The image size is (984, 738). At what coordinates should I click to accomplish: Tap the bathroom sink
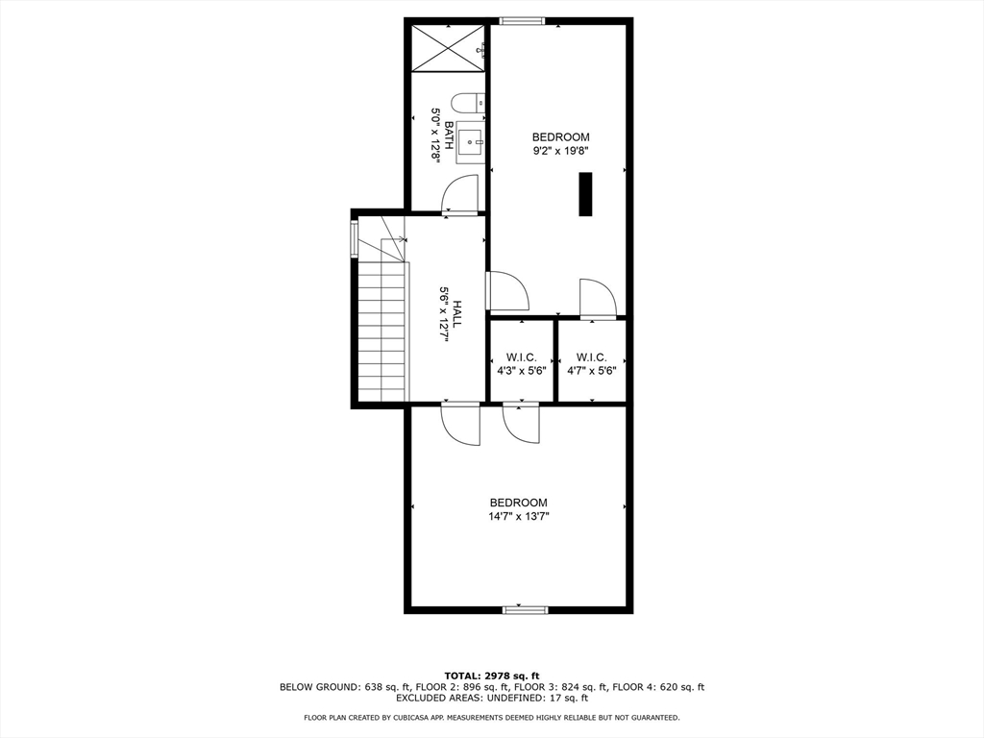(471, 145)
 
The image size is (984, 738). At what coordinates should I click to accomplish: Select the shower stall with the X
(449, 47)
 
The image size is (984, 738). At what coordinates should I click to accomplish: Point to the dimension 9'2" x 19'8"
(560, 150)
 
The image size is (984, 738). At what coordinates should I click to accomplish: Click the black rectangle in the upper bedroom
(584, 194)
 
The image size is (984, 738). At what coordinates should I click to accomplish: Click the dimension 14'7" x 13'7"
(518, 516)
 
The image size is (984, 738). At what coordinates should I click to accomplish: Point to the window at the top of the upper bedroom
(522, 21)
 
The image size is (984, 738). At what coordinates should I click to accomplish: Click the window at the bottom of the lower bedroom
(525, 609)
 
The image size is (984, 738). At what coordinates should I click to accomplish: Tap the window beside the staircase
(355, 238)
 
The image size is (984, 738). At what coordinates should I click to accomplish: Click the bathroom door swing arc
(459, 193)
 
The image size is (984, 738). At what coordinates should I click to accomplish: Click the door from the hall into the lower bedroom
(460, 424)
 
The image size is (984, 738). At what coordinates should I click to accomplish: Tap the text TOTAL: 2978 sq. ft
(491, 675)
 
